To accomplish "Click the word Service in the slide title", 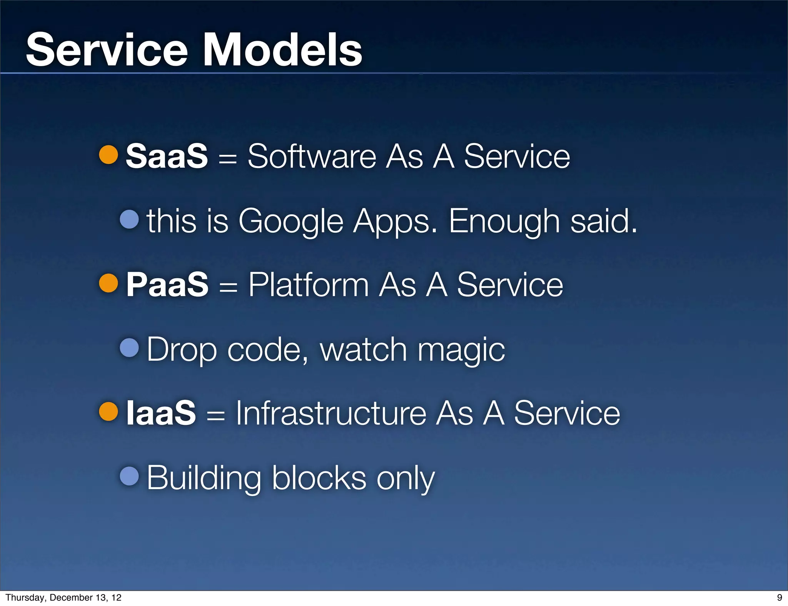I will [x=107, y=50].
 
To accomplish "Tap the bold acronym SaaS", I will [x=167, y=156].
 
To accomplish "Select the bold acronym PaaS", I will [x=167, y=284].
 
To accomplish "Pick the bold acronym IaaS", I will [x=161, y=413].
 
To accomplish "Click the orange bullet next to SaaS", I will [x=109, y=155].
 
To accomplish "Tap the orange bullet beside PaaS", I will [x=109, y=283].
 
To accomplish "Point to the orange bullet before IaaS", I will [x=109, y=412].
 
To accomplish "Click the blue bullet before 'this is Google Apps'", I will [x=129, y=219].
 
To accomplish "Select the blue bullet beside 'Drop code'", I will [x=129, y=348].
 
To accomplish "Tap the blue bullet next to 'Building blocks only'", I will [x=129, y=476].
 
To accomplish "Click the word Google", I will [x=290, y=221].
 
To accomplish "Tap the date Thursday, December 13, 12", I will [x=63, y=598].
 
